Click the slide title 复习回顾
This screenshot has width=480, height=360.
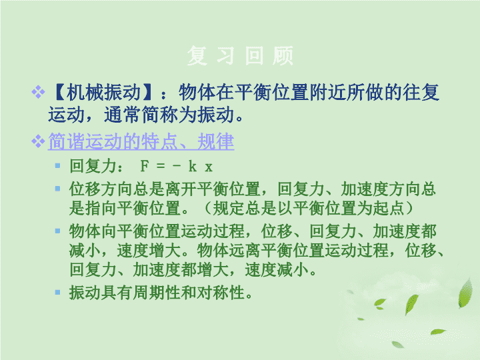tap(240, 55)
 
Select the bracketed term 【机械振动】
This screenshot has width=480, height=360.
tap(103, 93)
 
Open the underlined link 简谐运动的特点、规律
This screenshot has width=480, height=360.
tap(141, 142)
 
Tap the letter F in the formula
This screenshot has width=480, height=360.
tap(144, 167)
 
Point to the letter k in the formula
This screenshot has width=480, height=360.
tap(193, 166)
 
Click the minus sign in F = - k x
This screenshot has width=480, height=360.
tap(177, 167)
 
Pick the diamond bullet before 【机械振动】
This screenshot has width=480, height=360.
tap(38, 92)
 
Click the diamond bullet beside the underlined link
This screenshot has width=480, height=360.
tap(38, 141)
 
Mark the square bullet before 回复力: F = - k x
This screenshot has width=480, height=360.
tap(57, 166)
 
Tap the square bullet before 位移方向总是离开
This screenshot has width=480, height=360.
tap(57, 189)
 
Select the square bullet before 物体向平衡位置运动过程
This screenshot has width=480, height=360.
tap(57, 231)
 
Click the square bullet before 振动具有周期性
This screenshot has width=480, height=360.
tap(57, 293)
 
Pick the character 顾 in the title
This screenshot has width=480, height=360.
tap(283, 55)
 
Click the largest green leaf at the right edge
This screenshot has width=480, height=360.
tap(465, 293)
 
